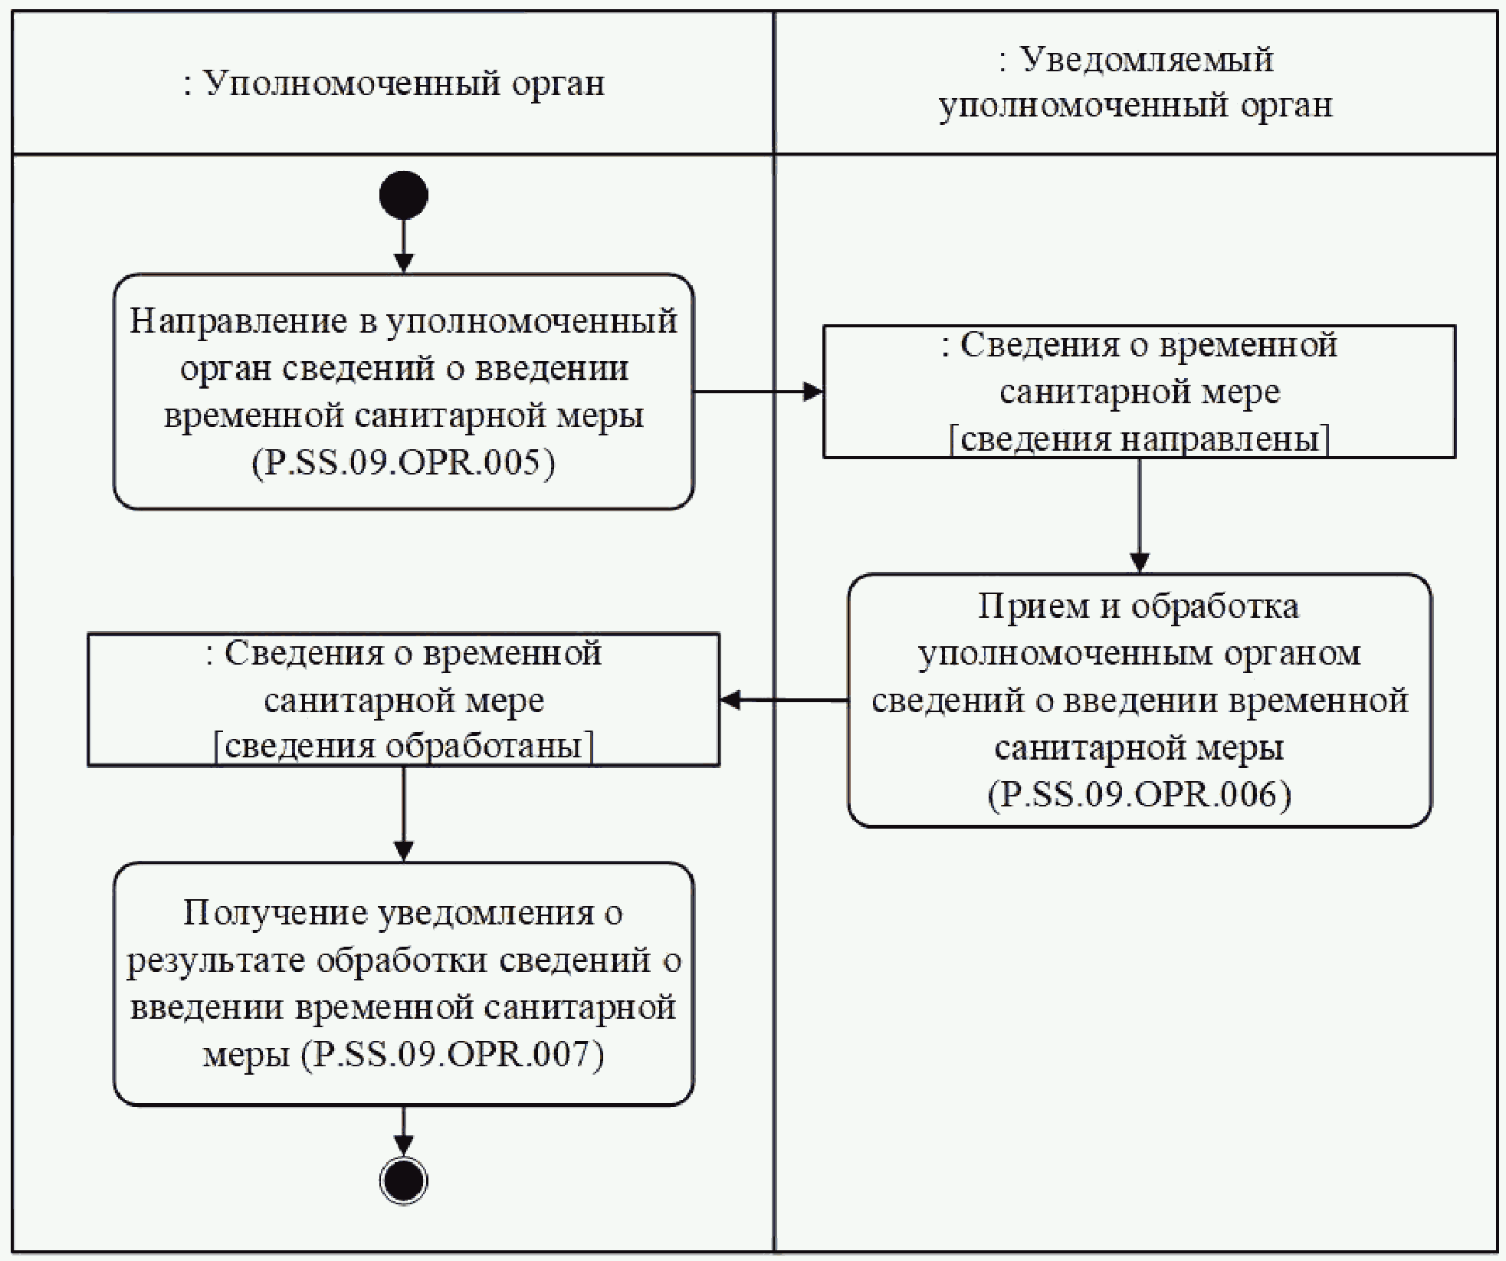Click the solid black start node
[x=403, y=195]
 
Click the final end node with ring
[x=403, y=1180]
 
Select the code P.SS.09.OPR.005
[x=403, y=463]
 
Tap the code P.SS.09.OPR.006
[x=1139, y=794]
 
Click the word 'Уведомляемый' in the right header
[x=1147, y=59]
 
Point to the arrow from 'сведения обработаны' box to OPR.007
[x=403, y=813]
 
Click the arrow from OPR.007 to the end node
[x=403, y=1130]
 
